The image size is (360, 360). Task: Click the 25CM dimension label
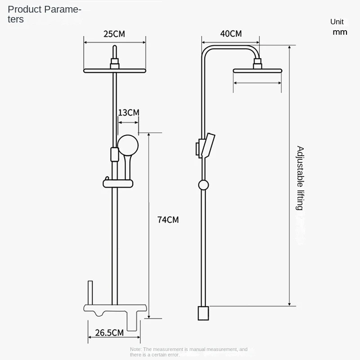(114, 34)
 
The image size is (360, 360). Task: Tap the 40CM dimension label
(231, 34)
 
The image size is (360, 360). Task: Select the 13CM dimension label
(128, 112)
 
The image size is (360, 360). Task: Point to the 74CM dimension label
(168, 220)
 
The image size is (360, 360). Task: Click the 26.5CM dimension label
(109, 333)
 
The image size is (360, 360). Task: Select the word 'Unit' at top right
(337, 22)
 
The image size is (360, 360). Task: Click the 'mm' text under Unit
(340, 32)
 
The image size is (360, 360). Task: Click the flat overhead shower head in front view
(115, 71)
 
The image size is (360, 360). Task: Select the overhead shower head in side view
(257, 71)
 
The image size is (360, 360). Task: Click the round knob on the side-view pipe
(203, 184)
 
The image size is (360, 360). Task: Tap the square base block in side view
(203, 313)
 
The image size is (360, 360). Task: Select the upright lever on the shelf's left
(90, 292)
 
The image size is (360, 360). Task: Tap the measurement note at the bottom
(189, 352)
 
